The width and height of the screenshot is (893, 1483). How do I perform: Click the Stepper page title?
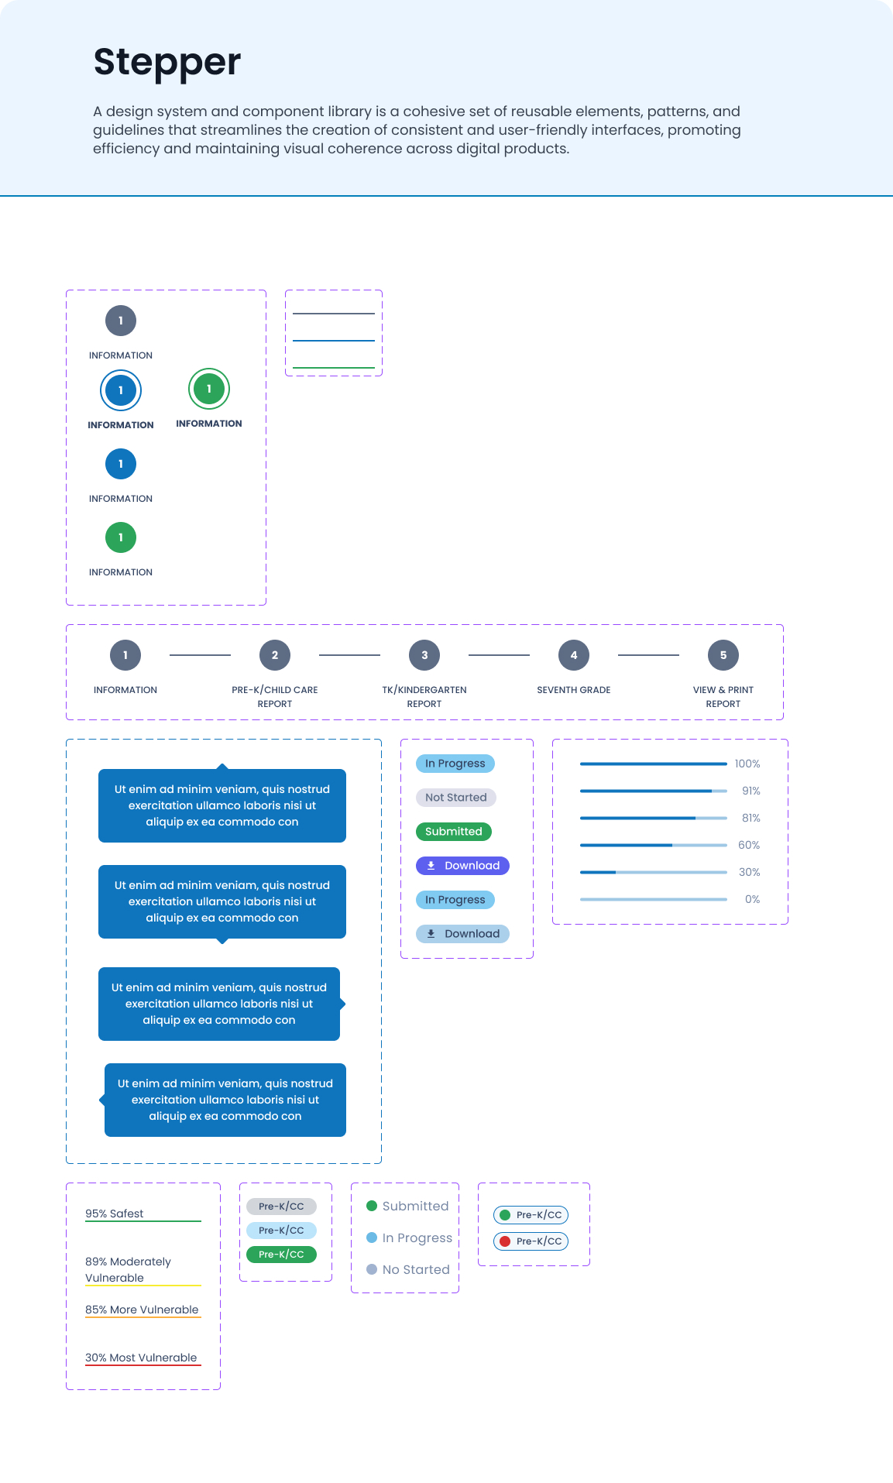(x=167, y=63)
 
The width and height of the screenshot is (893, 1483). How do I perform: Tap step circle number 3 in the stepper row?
(x=424, y=655)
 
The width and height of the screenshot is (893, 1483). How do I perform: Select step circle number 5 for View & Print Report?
(x=723, y=655)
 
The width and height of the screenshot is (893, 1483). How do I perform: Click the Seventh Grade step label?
(x=574, y=690)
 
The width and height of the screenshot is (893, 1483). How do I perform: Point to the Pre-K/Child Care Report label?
(x=275, y=697)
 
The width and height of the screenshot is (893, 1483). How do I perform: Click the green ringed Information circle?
(x=209, y=389)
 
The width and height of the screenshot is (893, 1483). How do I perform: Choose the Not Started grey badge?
(x=456, y=798)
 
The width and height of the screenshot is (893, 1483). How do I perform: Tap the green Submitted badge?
(x=454, y=832)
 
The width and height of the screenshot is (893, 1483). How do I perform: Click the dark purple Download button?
(x=463, y=866)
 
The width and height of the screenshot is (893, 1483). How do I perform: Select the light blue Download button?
(x=463, y=934)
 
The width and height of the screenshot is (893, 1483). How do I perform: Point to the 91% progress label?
(x=751, y=791)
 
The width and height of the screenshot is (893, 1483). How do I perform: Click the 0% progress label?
(x=753, y=899)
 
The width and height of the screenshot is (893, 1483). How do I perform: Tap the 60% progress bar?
(x=654, y=845)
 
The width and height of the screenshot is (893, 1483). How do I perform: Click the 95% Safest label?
(x=115, y=1214)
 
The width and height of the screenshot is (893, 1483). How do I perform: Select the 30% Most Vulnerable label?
(x=141, y=1358)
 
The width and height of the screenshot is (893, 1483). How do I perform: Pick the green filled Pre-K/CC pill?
(x=282, y=1255)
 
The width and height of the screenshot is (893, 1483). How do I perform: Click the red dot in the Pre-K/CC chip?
(x=505, y=1241)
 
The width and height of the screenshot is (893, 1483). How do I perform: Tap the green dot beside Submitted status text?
(x=372, y=1206)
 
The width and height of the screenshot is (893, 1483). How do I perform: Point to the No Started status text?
(x=416, y=1269)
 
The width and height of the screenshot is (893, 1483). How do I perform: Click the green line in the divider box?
(x=334, y=368)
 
